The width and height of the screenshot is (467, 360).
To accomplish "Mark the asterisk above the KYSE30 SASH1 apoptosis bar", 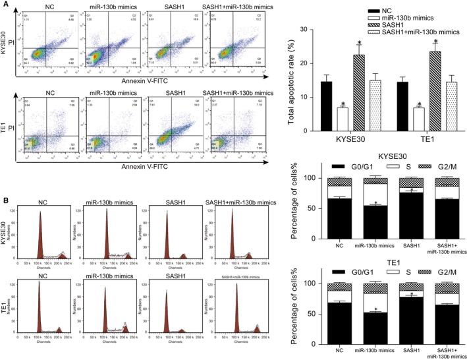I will pyautogui.click(x=359, y=43).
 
